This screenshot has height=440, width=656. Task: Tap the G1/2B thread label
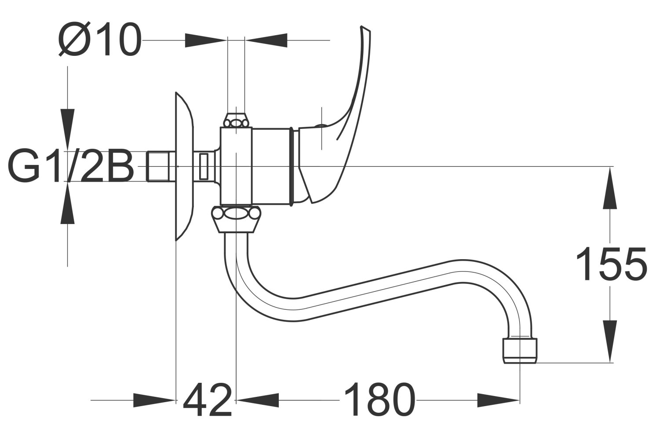click(71, 166)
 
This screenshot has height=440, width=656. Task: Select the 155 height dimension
click(611, 264)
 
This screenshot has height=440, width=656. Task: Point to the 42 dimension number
click(208, 400)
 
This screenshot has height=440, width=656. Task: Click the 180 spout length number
click(380, 399)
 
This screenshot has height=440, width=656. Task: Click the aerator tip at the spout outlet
click(520, 351)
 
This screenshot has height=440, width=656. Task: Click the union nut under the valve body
click(236, 219)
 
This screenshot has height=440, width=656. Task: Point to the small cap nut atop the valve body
click(236, 120)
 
